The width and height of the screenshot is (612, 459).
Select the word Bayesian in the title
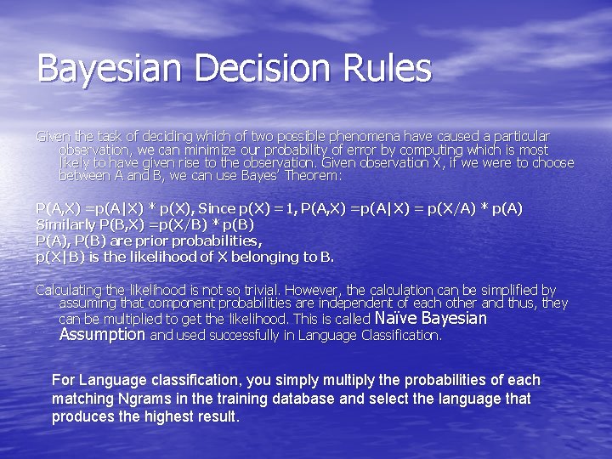click(x=105, y=69)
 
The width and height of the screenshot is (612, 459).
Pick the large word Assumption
click(x=102, y=335)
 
